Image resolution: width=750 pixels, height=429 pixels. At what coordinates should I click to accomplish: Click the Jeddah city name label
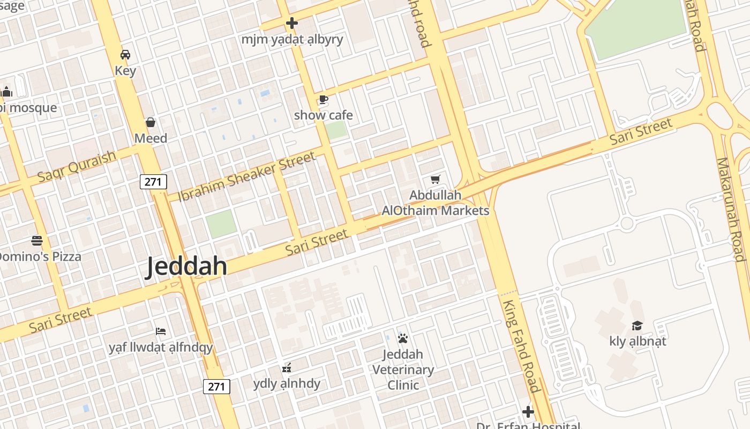[187, 267]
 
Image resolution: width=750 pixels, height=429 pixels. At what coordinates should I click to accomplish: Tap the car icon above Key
[125, 55]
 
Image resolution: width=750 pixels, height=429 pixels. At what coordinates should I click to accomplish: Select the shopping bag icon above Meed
[151, 123]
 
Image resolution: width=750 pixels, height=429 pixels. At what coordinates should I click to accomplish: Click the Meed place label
[151, 138]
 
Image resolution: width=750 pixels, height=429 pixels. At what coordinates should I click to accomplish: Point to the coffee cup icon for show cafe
[323, 99]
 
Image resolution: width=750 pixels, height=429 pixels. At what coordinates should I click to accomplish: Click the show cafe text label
[323, 115]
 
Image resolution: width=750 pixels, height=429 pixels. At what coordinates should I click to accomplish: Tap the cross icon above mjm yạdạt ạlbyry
[292, 24]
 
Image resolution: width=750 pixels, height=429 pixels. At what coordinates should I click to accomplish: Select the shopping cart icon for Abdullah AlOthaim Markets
[435, 179]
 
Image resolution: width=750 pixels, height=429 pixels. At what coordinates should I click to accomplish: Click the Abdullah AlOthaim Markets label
[435, 203]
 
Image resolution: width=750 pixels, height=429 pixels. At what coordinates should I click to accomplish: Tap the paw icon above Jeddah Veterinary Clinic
[403, 338]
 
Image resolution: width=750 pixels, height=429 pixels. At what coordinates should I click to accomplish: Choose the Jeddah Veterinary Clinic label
[403, 369]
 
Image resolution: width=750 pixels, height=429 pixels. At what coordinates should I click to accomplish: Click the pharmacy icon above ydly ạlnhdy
[287, 368]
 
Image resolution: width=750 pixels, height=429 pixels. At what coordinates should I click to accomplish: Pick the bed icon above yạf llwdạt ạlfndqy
[160, 331]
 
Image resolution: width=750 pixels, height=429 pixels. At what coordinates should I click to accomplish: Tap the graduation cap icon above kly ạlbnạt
[637, 326]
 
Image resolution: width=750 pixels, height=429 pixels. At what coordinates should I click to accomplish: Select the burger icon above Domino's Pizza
[37, 240]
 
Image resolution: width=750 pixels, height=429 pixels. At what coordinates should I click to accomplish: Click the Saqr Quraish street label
[77, 166]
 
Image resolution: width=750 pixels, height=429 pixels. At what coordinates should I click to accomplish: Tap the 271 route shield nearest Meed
[153, 182]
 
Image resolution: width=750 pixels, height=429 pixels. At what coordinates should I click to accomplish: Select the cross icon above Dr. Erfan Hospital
[528, 412]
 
